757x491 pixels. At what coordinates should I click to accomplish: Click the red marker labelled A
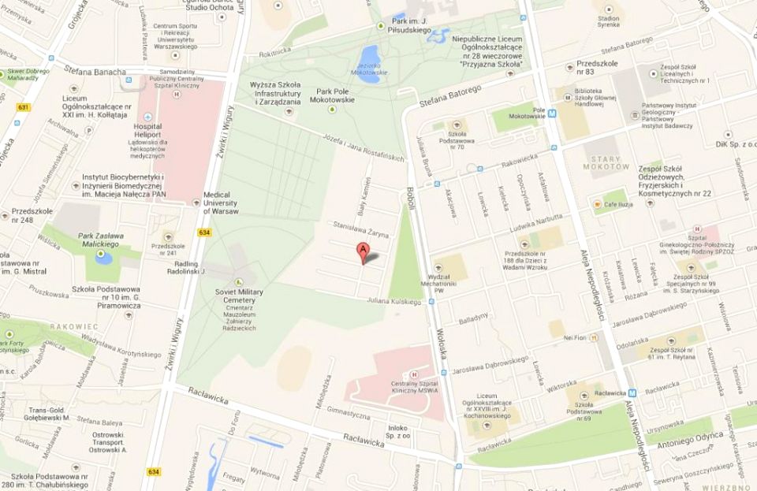tap(363, 253)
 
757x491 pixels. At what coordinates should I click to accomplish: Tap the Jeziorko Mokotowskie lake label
tap(368, 69)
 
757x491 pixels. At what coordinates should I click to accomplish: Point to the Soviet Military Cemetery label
tap(238, 296)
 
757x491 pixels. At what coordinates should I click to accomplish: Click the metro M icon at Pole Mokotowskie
tap(553, 112)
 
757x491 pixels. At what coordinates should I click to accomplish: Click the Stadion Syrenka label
tap(608, 21)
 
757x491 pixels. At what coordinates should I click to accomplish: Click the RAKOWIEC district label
tap(73, 326)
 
